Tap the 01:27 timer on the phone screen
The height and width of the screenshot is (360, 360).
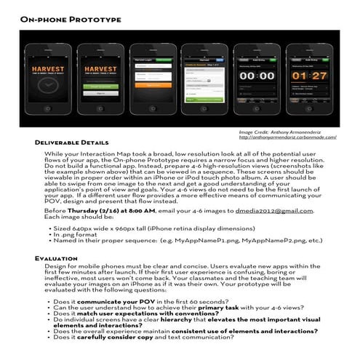[x=309, y=75]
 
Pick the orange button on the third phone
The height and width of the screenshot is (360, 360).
[x=152, y=85]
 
